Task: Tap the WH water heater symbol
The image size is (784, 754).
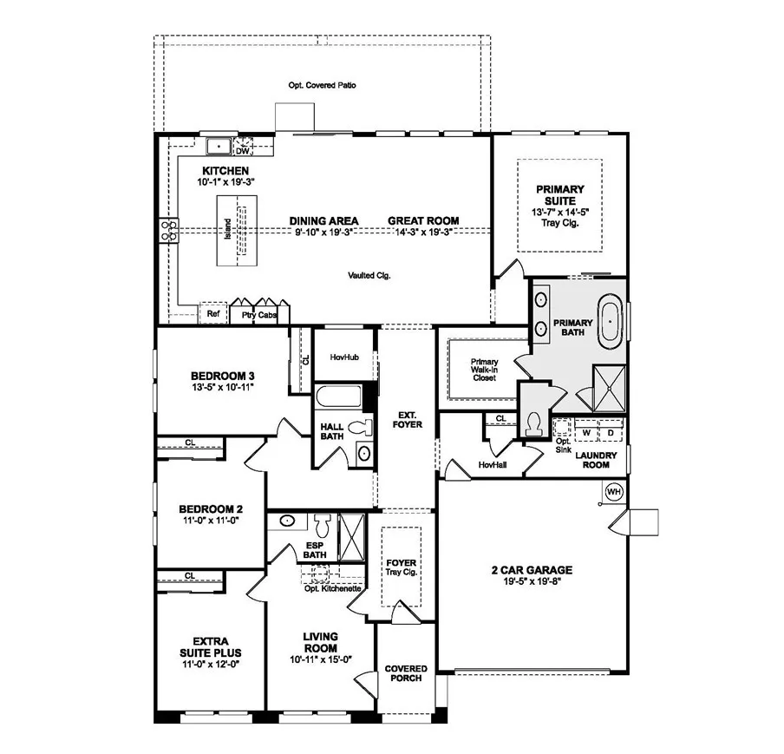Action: coord(614,491)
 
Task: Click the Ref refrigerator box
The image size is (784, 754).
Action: coord(212,314)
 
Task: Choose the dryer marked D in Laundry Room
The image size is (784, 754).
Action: coord(610,431)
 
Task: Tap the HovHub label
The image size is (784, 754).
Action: coord(344,357)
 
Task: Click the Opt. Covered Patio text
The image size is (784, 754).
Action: coord(323,86)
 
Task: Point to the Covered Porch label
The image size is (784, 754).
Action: coord(406,673)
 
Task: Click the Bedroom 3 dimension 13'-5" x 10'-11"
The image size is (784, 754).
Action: coord(221,387)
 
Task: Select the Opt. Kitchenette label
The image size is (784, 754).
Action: coord(333,587)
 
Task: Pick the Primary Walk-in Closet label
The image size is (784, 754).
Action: coord(484,371)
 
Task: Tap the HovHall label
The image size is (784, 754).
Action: coord(492,465)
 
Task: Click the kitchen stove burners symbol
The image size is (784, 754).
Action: coord(167,230)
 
